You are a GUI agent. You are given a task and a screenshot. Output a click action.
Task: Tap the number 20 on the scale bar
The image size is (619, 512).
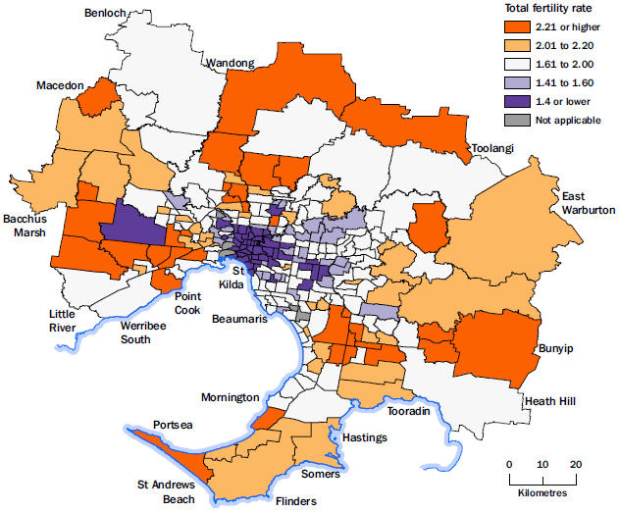coord(577,464)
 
